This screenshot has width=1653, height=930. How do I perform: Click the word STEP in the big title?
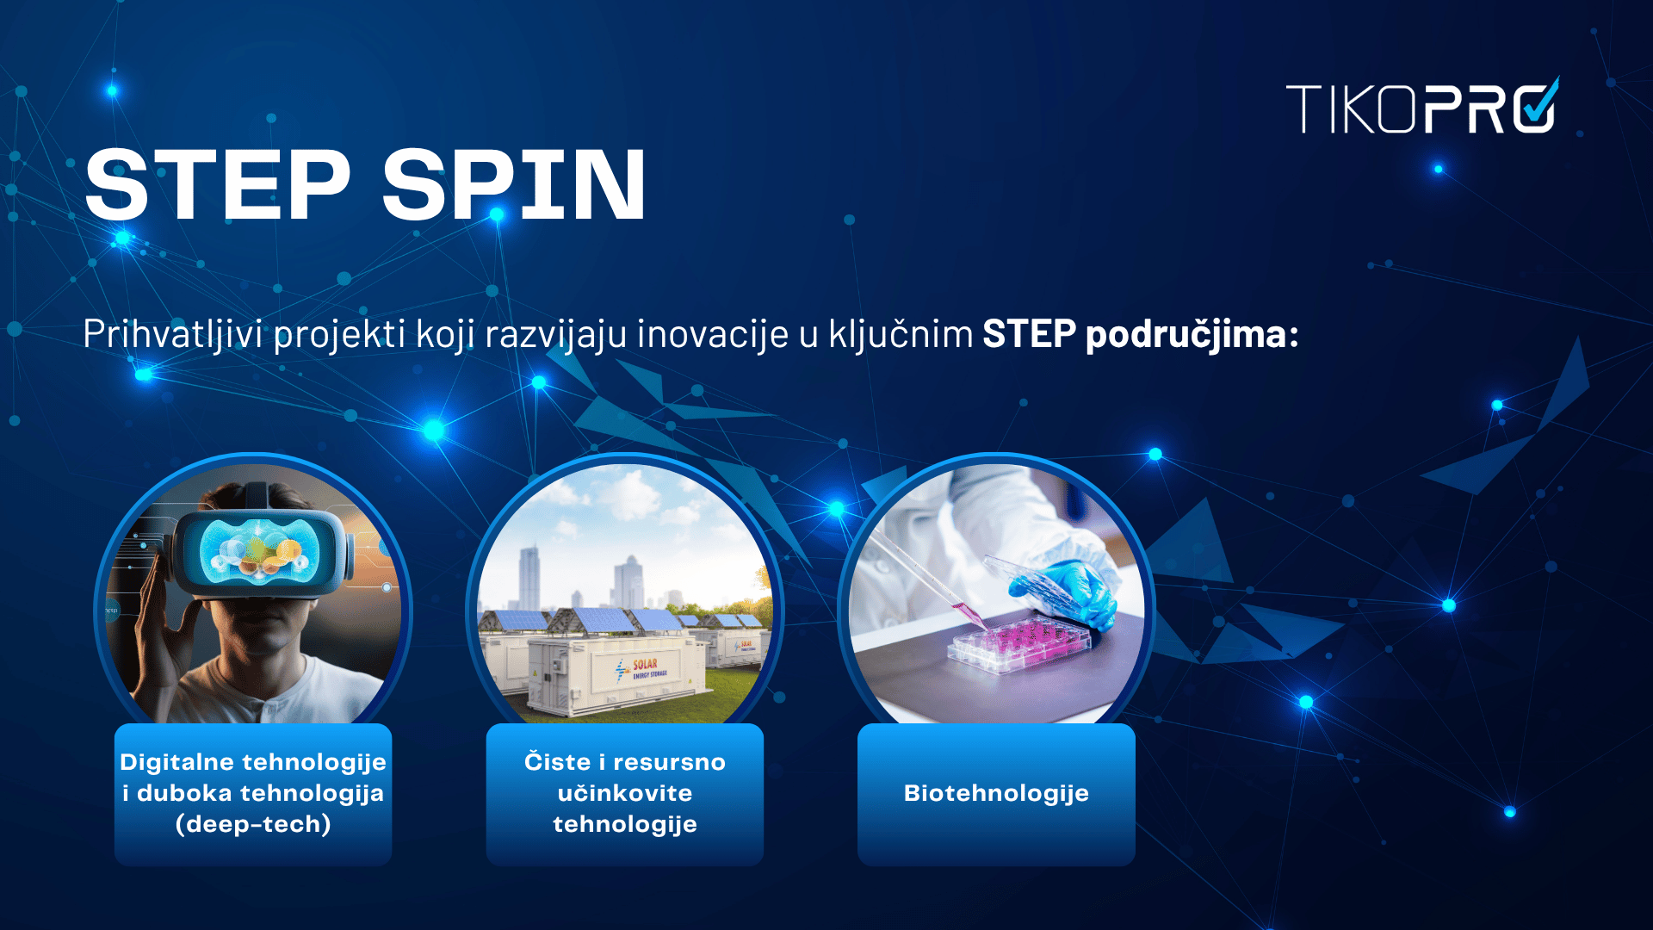[218, 183]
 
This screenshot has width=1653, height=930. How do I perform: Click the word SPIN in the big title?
[514, 183]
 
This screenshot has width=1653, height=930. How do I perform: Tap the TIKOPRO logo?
[1422, 106]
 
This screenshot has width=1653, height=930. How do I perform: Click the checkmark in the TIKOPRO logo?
[1539, 103]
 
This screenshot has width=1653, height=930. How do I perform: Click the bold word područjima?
[1192, 334]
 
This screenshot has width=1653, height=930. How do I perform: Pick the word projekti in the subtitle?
[338, 334]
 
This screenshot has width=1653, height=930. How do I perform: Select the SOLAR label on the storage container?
[645, 664]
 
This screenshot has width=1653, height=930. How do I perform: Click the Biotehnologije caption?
[996, 793]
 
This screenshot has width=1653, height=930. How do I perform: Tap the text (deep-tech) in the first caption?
[253, 824]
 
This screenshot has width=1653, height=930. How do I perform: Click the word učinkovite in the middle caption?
[625, 793]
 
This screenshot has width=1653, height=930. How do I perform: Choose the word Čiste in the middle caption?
[557, 761]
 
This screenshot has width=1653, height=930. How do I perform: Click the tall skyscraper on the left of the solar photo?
[529, 577]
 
